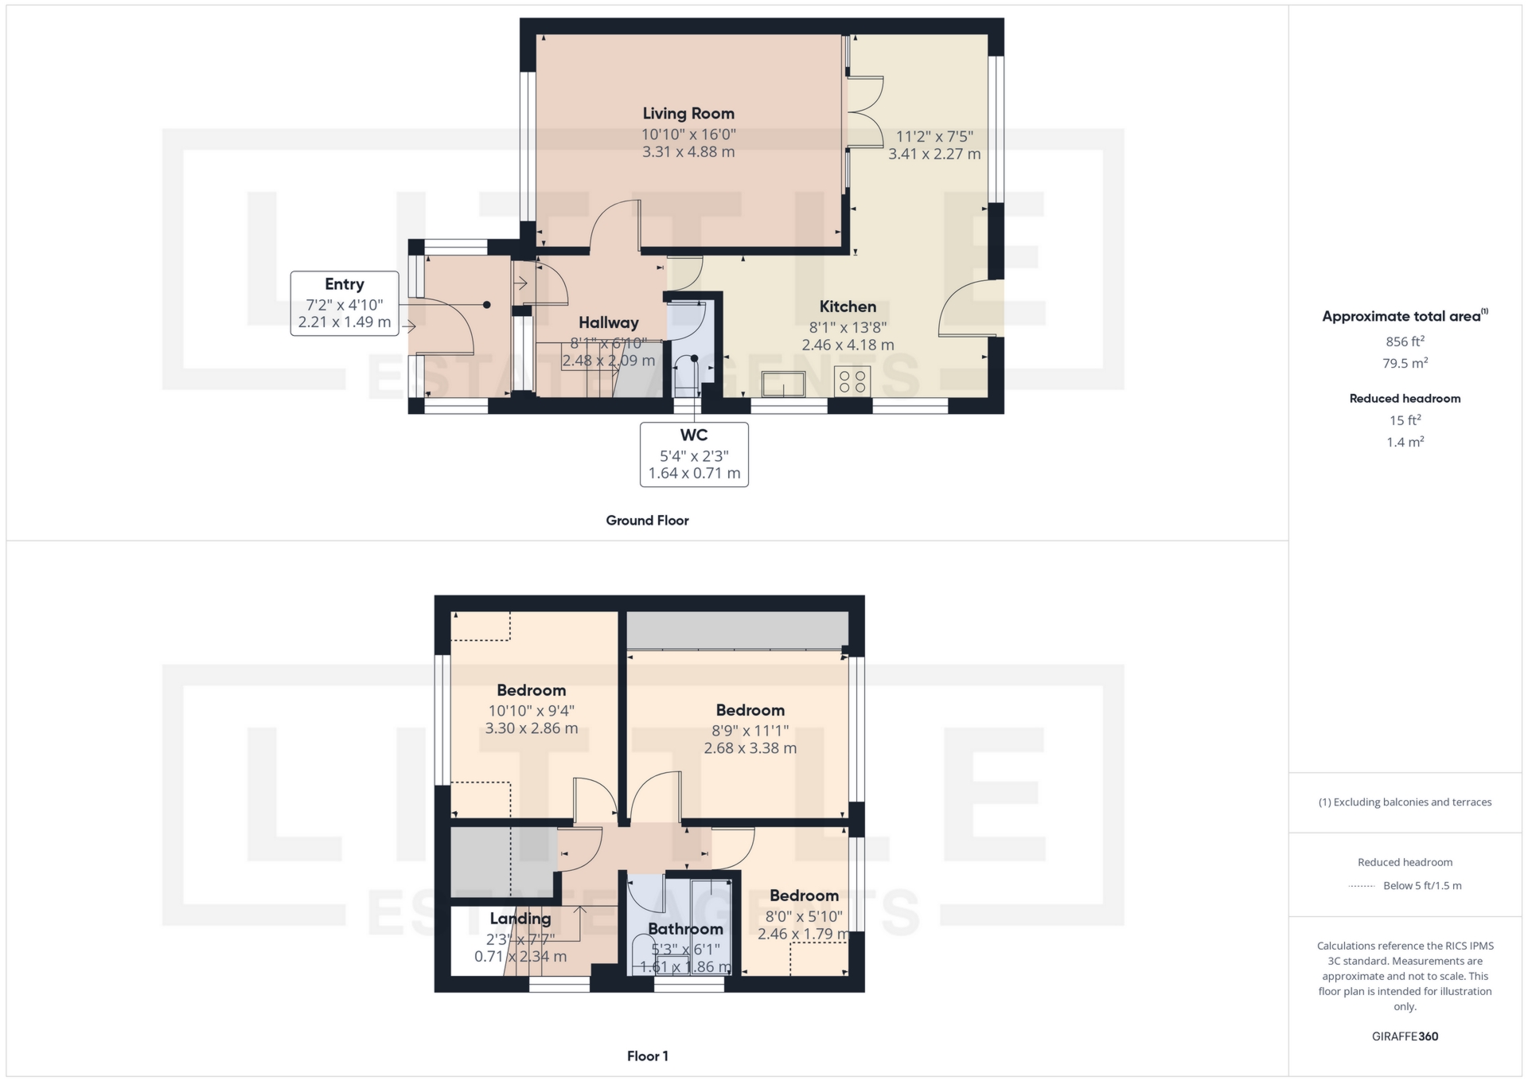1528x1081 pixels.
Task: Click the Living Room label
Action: point(688,114)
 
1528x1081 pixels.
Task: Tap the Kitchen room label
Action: point(848,306)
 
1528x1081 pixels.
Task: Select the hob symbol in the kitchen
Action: point(852,381)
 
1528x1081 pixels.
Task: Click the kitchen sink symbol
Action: point(783,384)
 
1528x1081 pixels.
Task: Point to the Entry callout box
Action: point(345,303)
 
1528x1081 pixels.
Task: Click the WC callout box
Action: point(694,454)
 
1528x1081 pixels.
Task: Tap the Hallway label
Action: point(609,322)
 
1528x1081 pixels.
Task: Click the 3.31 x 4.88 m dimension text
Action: point(688,152)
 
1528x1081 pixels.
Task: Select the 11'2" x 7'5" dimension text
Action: point(934,136)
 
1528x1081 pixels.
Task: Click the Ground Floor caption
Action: point(647,521)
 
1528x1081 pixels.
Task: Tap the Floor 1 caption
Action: point(647,1056)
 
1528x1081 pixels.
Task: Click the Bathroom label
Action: point(685,929)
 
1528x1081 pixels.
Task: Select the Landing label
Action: point(520,918)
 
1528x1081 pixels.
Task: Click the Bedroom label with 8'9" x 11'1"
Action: point(750,710)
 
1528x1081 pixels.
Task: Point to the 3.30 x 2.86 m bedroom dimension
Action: point(532,728)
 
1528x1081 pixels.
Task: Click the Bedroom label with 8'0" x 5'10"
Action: point(804,896)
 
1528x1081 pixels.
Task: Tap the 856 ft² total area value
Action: point(1405,341)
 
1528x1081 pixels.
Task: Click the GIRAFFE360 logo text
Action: point(1405,1036)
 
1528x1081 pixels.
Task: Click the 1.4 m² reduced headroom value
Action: point(1405,442)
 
